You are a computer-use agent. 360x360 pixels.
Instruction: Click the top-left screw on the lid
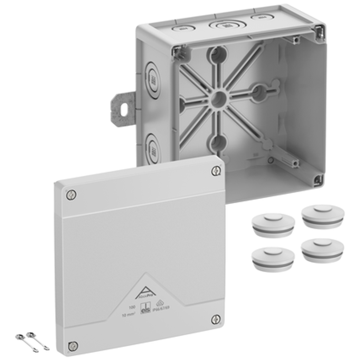71,194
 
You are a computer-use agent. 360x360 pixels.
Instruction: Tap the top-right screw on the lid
216,171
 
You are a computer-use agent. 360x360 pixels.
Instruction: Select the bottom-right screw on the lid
216,319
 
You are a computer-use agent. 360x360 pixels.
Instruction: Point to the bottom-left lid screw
72,345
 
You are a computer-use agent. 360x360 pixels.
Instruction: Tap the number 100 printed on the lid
132,306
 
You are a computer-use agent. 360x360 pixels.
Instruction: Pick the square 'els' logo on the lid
144,310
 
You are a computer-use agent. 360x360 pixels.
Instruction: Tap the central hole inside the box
218,99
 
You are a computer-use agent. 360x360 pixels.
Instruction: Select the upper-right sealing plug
323,216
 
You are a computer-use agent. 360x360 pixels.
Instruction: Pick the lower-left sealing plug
272,258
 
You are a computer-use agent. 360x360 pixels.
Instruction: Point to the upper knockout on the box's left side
153,79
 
